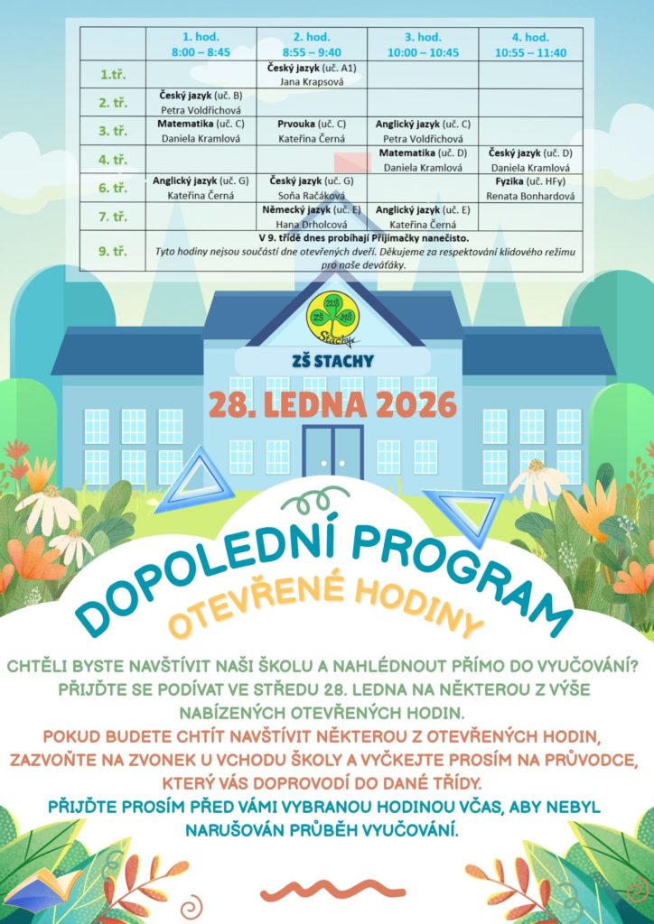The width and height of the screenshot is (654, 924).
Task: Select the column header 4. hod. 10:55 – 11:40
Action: (530, 44)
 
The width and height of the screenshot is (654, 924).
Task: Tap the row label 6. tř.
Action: (112, 188)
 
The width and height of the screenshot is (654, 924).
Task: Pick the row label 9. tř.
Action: (112, 251)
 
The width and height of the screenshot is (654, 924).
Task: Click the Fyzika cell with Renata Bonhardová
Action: (530, 188)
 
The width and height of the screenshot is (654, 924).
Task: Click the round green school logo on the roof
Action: (331, 315)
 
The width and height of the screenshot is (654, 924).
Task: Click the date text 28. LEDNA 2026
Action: (332, 405)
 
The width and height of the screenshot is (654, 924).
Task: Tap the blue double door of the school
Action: (332, 452)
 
